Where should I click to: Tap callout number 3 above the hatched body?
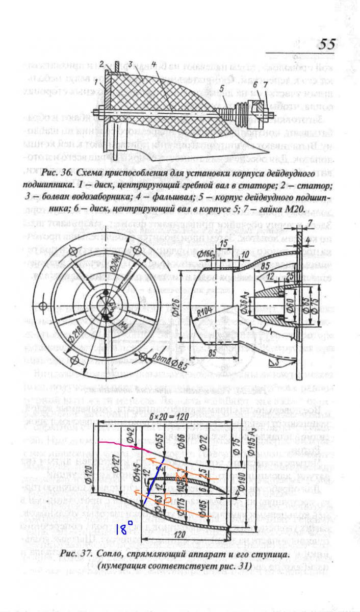tap(131, 64)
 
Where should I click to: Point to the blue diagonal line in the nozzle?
tap(153, 484)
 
